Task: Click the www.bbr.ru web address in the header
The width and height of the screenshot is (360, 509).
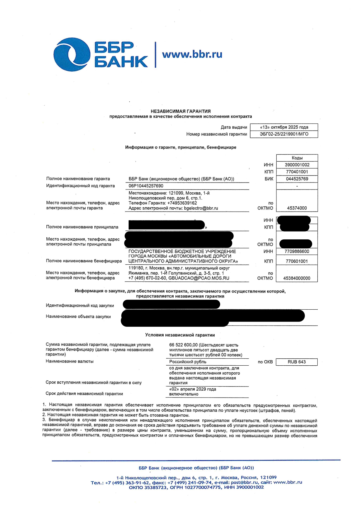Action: point(192,54)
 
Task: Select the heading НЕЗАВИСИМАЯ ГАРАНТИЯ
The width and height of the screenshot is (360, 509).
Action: point(181,111)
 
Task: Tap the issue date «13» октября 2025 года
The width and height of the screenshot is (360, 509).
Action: point(284,127)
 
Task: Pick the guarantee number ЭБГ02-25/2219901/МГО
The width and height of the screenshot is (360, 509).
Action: point(284,134)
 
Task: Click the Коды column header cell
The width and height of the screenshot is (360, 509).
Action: point(297,158)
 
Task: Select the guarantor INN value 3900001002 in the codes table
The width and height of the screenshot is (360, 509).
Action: point(297,165)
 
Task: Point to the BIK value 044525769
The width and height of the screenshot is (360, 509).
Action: point(297,179)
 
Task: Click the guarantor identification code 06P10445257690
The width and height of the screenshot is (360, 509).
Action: point(146,186)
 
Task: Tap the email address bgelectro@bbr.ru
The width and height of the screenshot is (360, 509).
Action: point(201,208)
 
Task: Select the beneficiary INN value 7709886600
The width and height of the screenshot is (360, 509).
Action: point(297,252)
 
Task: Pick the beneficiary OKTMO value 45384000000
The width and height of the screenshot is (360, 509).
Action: point(297,278)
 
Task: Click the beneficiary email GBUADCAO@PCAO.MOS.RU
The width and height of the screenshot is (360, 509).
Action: point(199,278)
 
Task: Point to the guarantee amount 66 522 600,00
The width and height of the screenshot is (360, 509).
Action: point(183,345)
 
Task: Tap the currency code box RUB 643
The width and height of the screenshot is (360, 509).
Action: point(297,362)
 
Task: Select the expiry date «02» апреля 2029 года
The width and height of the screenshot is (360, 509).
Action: point(193,389)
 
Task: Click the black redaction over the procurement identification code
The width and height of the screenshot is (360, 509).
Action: point(171,304)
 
